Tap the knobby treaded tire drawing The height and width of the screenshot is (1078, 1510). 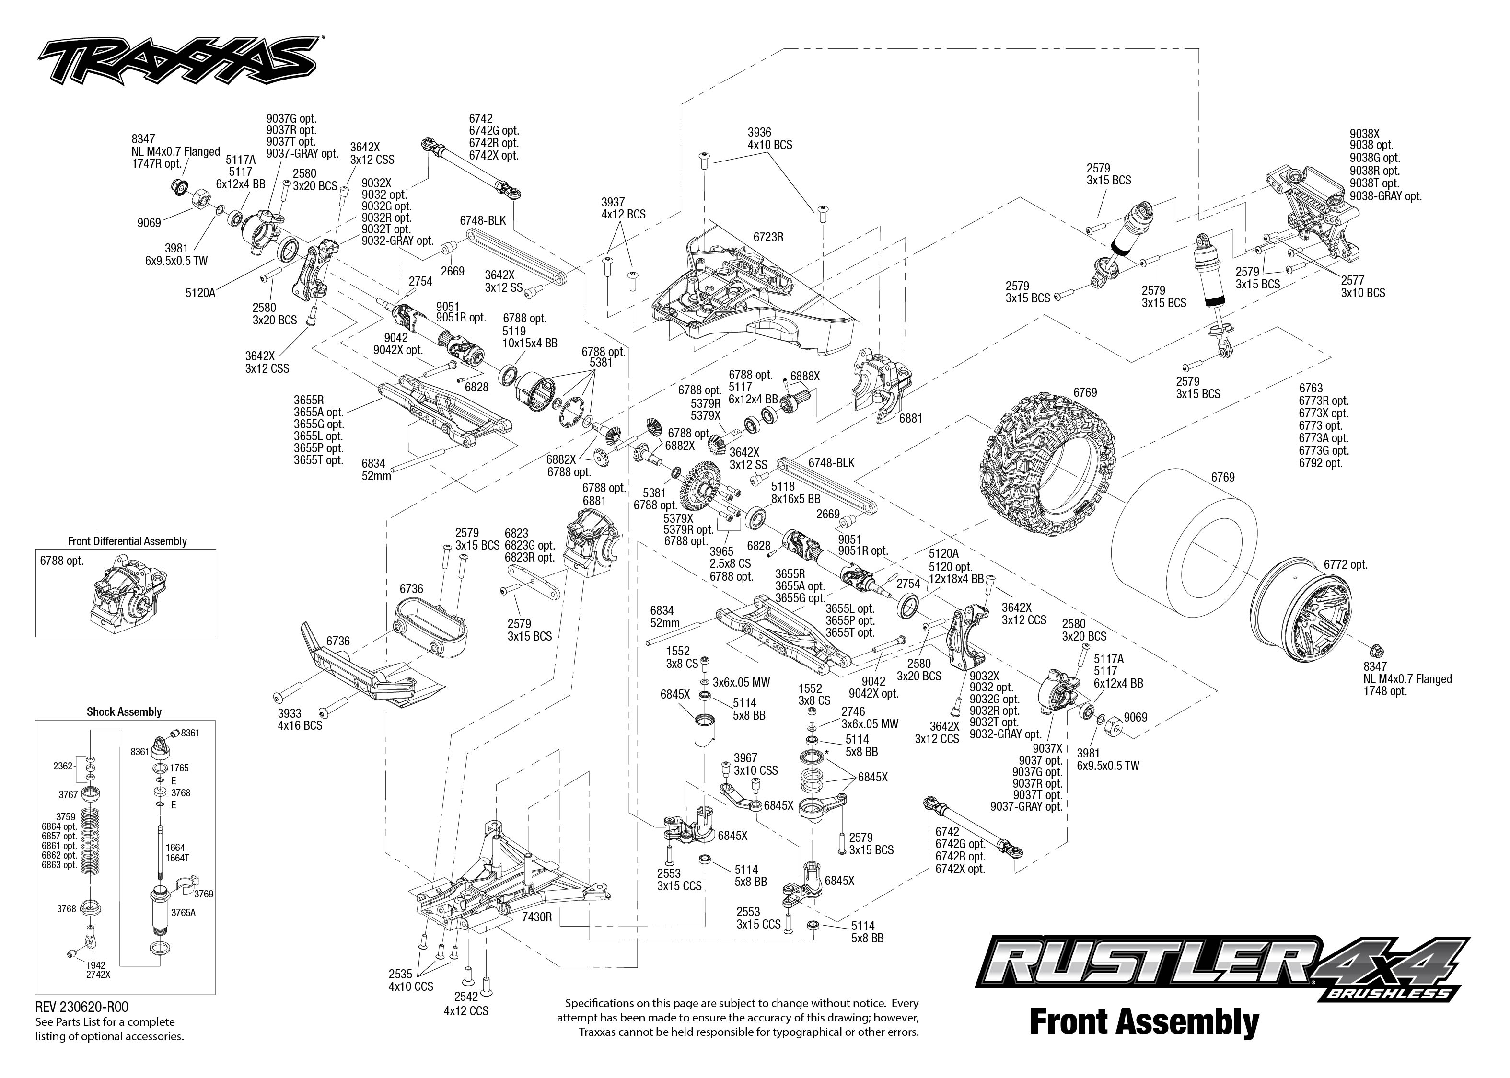click(1048, 464)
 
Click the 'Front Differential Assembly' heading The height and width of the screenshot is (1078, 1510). click(127, 541)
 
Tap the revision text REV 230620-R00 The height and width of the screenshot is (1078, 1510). click(81, 1008)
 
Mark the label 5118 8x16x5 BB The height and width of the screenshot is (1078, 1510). click(795, 492)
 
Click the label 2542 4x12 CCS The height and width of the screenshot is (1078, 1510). click(465, 1004)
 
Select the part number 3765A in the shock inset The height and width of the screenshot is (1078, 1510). click(183, 912)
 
